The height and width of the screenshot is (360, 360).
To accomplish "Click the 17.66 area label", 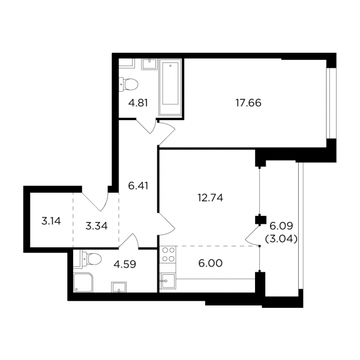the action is click(x=248, y=103).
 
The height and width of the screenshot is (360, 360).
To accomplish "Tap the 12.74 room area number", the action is click(x=211, y=197).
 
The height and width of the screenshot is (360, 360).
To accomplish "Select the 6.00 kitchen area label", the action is click(x=211, y=263).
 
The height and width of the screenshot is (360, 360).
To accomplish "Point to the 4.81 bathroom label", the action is click(x=138, y=103).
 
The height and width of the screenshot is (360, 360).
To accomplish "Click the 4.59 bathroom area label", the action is click(x=125, y=264).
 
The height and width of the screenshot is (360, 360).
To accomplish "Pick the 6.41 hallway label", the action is click(x=138, y=186).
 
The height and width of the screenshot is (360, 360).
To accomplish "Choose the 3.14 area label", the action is click(x=51, y=221).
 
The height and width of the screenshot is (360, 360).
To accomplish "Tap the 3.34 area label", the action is click(x=97, y=226).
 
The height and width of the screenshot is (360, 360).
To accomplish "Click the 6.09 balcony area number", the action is click(x=281, y=226).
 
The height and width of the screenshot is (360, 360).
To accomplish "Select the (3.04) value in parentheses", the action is click(x=281, y=239).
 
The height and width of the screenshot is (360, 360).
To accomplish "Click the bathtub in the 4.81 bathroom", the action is click(x=170, y=88).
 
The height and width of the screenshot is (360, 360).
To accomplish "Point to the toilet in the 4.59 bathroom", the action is click(x=91, y=259).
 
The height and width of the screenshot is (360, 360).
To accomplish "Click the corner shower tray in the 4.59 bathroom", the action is click(x=83, y=283).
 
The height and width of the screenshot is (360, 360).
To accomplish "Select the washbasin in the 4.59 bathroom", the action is click(x=119, y=287).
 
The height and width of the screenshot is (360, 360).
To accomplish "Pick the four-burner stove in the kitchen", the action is click(x=168, y=254).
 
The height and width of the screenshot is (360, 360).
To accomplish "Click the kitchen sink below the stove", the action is click(x=168, y=281).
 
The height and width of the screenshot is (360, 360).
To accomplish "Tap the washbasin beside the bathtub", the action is click(x=149, y=64).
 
